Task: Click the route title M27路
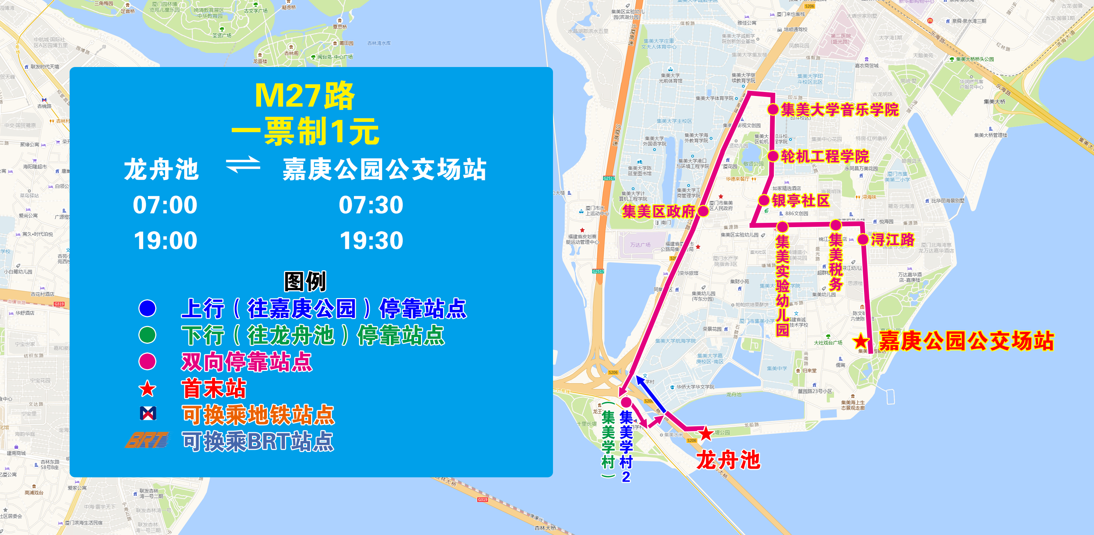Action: (x=305, y=96)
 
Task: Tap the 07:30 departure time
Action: (x=371, y=205)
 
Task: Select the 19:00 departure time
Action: (x=165, y=241)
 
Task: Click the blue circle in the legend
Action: (x=147, y=309)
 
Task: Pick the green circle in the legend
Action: (x=147, y=335)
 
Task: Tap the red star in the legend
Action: (x=147, y=389)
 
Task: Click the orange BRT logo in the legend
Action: (x=147, y=440)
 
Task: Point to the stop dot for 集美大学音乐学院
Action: (x=773, y=109)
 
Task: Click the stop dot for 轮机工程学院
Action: (x=773, y=156)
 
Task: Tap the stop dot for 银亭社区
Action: (x=764, y=200)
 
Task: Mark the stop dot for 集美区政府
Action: (x=703, y=211)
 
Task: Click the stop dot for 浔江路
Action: (x=863, y=239)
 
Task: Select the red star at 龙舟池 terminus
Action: (x=706, y=434)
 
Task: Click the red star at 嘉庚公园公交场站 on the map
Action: (x=861, y=342)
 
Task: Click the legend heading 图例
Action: (x=305, y=281)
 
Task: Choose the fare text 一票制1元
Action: (x=305, y=131)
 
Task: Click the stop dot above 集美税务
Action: (x=836, y=225)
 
